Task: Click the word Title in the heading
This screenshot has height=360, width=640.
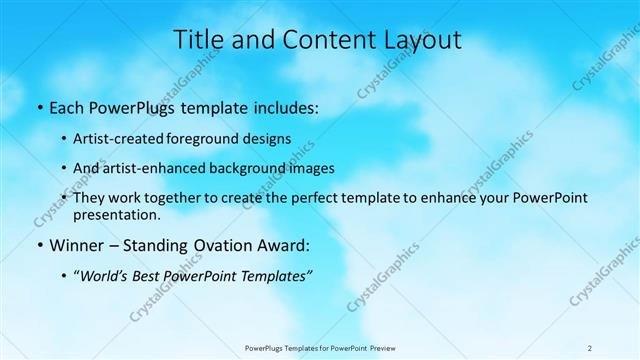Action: (x=198, y=40)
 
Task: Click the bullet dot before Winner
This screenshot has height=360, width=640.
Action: (x=39, y=245)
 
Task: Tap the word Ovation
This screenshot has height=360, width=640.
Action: (x=229, y=245)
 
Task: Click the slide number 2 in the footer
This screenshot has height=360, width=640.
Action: (x=590, y=347)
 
